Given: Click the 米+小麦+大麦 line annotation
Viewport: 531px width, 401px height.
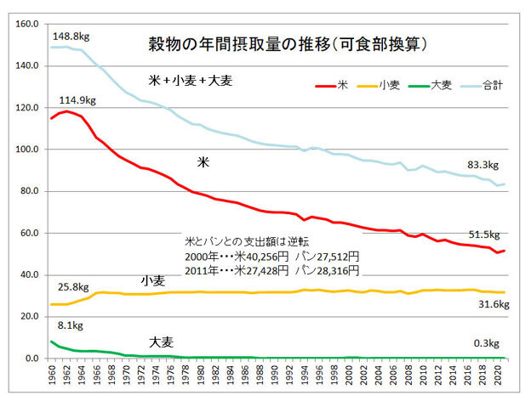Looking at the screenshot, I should (x=191, y=81).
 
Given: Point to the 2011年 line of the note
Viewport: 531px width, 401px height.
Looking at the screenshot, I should (x=272, y=269).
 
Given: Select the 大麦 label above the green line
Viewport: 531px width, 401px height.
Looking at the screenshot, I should (x=163, y=342).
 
